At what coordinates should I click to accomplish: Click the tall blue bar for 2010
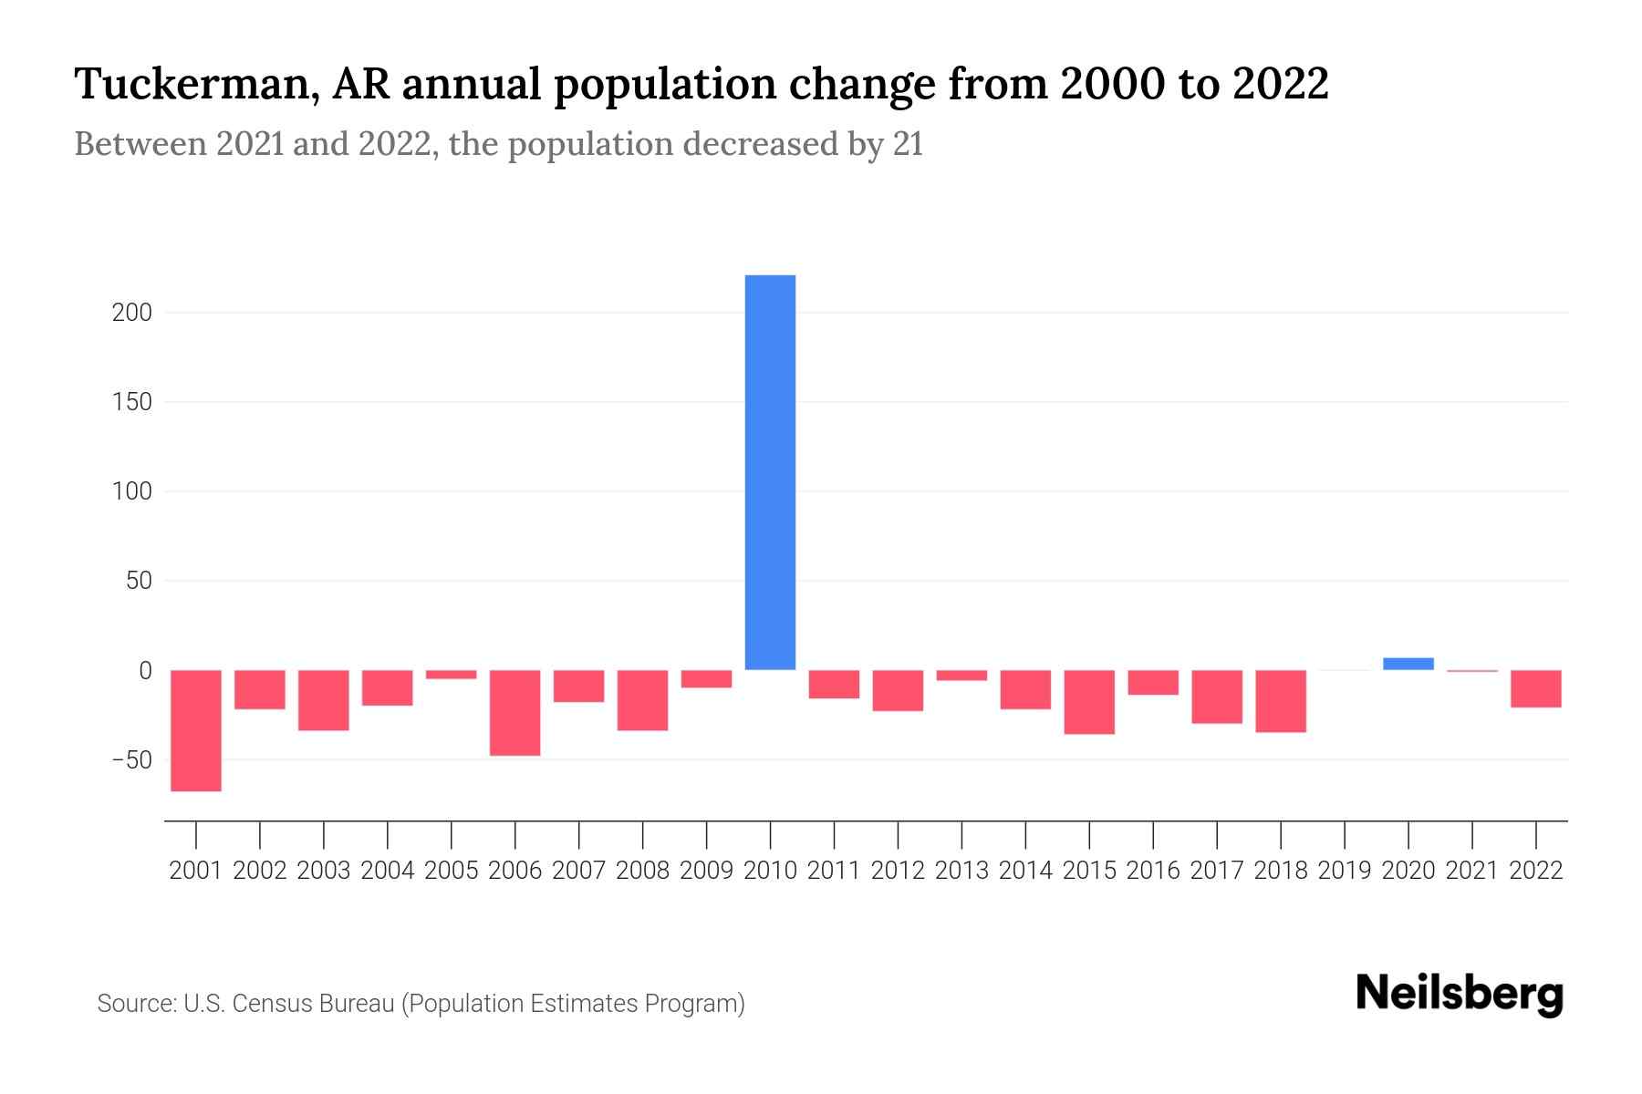(x=770, y=472)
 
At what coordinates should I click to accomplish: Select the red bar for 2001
(x=196, y=730)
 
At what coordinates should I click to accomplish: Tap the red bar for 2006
(x=514, y=712)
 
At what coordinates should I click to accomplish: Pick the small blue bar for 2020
(x=1408, y=664)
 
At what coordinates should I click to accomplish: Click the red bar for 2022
(x=1535, y=688)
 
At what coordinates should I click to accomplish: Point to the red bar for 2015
(x=1089, y=702)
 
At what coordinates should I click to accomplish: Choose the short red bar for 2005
(x=451, y=675)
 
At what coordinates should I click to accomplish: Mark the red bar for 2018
(x=1281, y=701)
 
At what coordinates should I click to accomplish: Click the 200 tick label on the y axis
(x=131, y=313)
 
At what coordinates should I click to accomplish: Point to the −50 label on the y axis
(x=128, y=759)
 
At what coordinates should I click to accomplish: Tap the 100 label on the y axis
(x=131, y=491)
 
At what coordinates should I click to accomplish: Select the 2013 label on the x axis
(x=961, y=871)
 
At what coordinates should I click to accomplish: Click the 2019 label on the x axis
(x=1344, y=871)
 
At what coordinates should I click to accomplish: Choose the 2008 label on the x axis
(x=642, y=871)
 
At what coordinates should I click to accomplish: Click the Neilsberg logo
(x=1460, y=994)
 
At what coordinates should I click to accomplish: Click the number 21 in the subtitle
(x=908, y=144)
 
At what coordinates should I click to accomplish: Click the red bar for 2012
(x=898, y=690)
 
